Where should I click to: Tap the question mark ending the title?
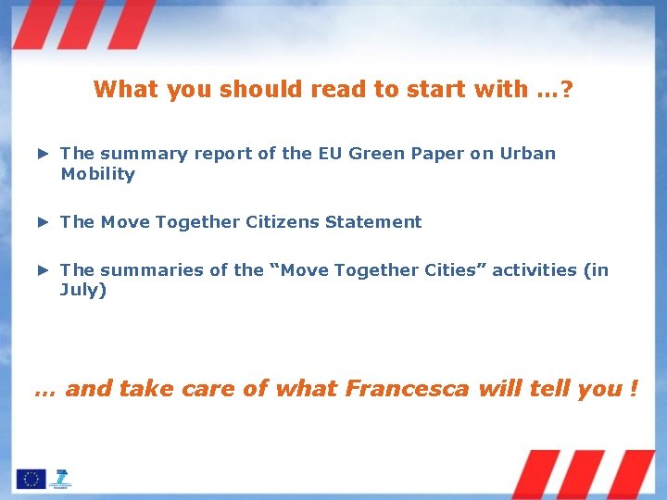point(565,90)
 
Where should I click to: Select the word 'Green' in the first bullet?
point(380,154)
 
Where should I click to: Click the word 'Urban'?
point(527,154)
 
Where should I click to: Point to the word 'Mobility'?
point(97,174)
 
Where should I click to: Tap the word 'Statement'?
point(382,222)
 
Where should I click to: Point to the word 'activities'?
point(536,270)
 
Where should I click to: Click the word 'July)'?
point(83,291)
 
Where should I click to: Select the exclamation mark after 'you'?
point(634,389)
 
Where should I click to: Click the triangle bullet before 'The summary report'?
point(42,154)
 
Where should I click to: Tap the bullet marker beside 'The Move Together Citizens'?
point(42,222)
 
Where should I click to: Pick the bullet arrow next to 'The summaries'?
point(42,270)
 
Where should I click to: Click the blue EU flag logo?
point(30,479)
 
